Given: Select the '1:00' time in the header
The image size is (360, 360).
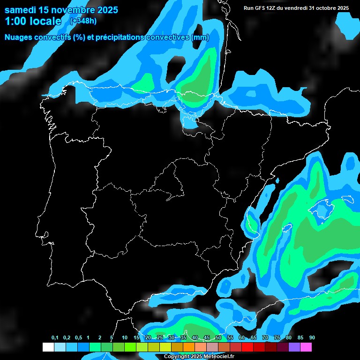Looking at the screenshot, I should pyautogui.click(x=17, y=21).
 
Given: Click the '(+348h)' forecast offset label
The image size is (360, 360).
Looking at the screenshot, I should pyautogui.click(x=83, y=21).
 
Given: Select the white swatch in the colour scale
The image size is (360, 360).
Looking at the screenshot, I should pyautogui.click(x=48, y=347).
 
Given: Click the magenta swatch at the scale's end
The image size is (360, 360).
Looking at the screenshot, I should pyautogui.click(x=306, y=347).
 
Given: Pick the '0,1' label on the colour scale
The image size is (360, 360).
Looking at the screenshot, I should pyautogui.click(x=55, y=338).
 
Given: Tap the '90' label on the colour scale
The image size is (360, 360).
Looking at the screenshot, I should pyautogui.click(x=312, y=338).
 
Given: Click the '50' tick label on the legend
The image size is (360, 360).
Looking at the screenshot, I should pyautogui.click(x=218, y=338).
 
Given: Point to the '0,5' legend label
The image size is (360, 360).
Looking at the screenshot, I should pyautogui.click(x=78, y=338).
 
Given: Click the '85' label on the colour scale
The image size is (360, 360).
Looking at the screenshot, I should pyautogui.click(x=300, y=338).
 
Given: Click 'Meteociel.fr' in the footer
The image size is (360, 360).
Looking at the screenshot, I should pyautogui.click(x=218, y=357).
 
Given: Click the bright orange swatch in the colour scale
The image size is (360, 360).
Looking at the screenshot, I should pyautogui.click(x=189, y=347).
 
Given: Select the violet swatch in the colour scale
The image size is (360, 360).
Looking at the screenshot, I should pyautogui.click(x=294, y=347).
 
